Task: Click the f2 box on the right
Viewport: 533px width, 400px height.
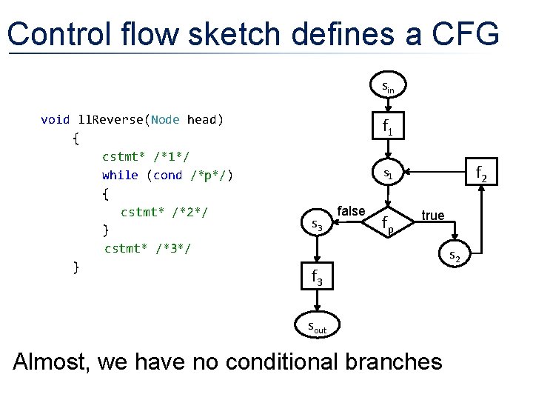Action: (x=480, y=175)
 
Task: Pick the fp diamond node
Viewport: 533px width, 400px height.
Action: (x=388, y=223)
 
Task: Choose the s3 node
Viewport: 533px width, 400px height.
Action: (x=316, y=223)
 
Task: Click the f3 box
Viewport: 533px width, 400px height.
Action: (x=316, y=278)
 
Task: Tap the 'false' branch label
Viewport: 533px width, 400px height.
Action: (x=351, y=212)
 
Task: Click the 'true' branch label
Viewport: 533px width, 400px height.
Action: (x=432, y=216)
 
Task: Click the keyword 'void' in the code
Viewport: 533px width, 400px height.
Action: (x=56, y=119)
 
